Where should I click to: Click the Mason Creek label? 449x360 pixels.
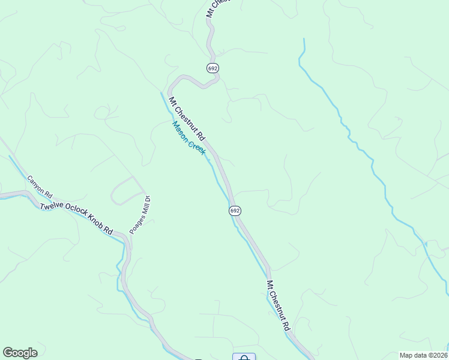[189, 138]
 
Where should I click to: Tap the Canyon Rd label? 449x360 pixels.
[40, 188]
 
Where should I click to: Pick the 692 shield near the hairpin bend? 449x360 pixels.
[213, 68]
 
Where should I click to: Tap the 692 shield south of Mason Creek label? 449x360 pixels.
[235, 211]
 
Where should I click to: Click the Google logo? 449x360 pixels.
[20, 353]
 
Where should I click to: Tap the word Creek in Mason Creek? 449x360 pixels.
[197, 146]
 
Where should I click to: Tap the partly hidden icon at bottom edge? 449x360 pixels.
[244, 357]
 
